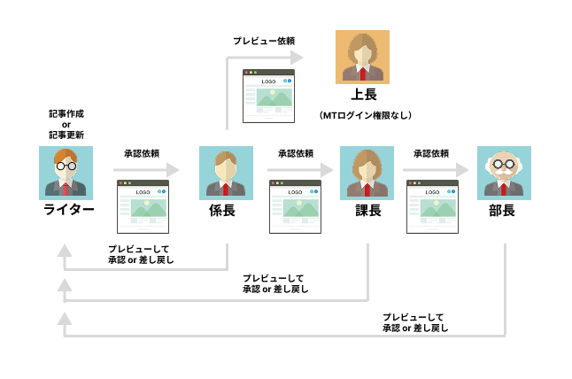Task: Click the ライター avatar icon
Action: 67,172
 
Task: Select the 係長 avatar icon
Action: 227,172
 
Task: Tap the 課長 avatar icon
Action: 367,172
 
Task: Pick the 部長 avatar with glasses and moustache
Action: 503,172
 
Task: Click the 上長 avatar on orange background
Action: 364,57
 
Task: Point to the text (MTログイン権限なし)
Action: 365,115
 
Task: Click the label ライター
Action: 68,210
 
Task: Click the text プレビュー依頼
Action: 263,41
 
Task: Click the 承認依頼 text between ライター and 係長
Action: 142,153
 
